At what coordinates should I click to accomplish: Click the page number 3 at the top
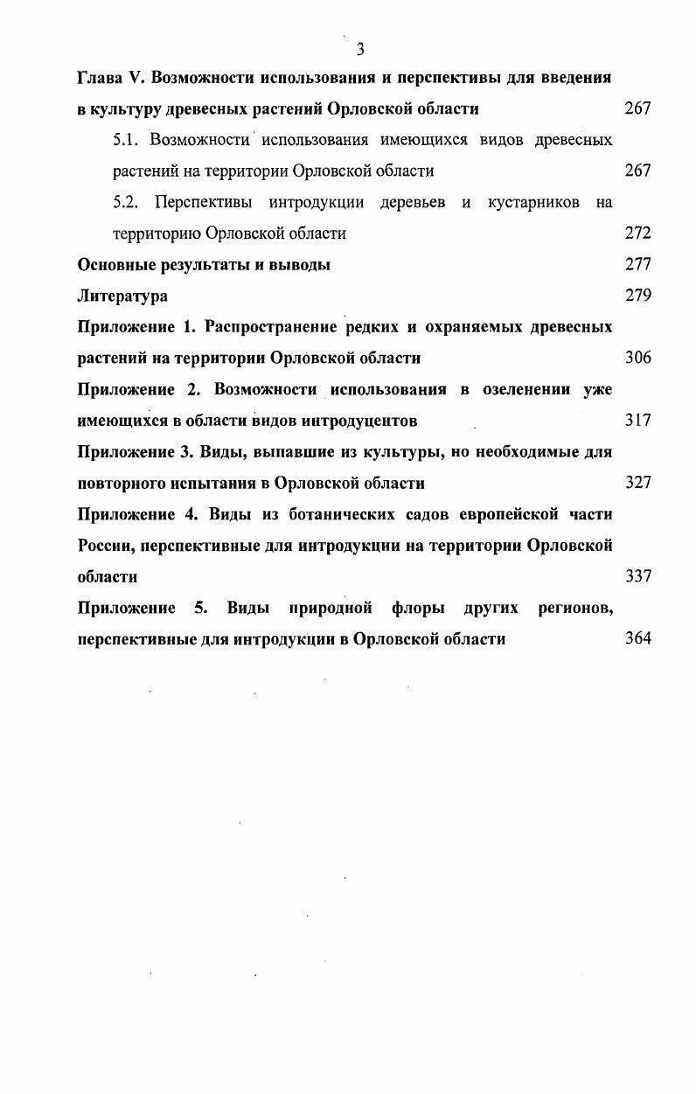[359, 49]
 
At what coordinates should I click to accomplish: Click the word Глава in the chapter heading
[99, 77]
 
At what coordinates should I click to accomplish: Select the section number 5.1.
[128, 140]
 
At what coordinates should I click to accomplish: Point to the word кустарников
[533, 203]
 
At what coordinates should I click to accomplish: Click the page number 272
[638, 233]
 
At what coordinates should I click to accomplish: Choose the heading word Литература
[122, 296]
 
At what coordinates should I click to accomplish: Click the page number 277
[638, 265]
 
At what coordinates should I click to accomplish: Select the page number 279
[638, 296]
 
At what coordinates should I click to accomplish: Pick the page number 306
[638, 358]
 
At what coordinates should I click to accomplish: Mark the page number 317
[638, 421]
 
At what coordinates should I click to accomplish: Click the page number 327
[638, 483]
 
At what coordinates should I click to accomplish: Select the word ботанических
[336, 514]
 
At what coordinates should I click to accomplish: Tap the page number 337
[638, 576]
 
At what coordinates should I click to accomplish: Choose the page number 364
[638, 638]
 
